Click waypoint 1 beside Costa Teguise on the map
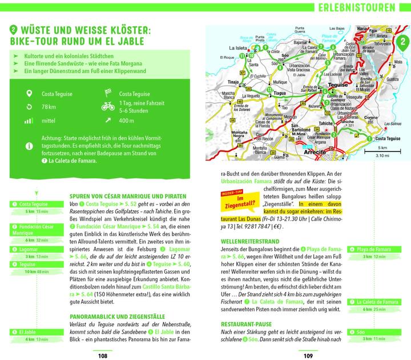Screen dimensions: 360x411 [369, 139]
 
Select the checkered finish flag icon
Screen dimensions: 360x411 [108, 93]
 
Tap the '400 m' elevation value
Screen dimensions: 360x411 [127, 121]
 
